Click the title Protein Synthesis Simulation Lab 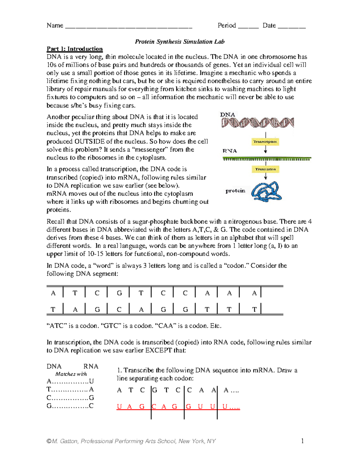tap(179, 41)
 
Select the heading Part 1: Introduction tap(74, 49)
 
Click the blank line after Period tap(248, 26)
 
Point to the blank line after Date tap(292, 26)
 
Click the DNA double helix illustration tap(257, 122)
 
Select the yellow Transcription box tap(265, 142)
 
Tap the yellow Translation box tap(265, 169)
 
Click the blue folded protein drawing tap(266, 191)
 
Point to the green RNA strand tap(267, 159)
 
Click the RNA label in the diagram tap(229, 151)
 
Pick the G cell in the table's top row tap(119, 293)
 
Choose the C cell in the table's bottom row tap(119, 309)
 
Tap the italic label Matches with tap(71, 374)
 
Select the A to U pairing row tap(70, 381)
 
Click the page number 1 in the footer tap(302, 441)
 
